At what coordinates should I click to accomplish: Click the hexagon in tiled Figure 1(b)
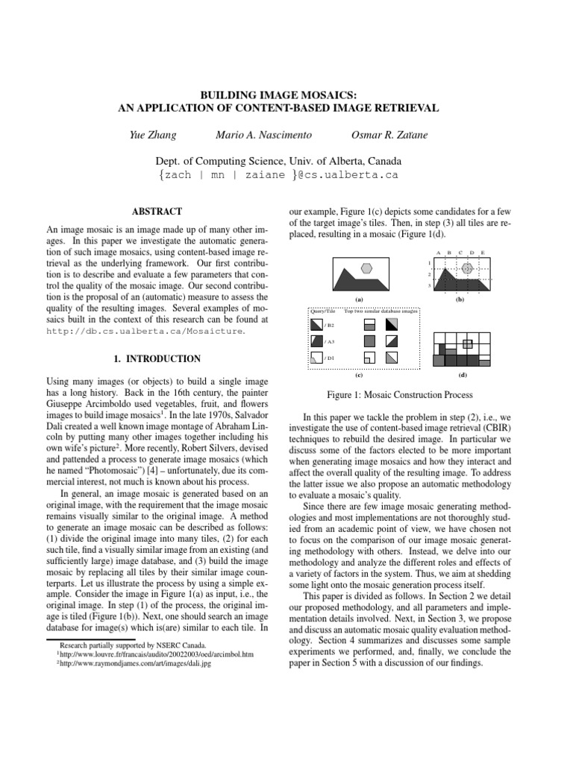tap(467, 267)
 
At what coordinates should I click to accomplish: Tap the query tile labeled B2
tap(316, 325)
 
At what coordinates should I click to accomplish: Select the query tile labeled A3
tap(316, 341)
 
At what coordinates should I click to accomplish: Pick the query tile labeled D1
tap(316, 358)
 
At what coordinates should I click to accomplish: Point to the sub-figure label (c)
tap(359, 376)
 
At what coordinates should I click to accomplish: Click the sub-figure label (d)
tap(463, 376)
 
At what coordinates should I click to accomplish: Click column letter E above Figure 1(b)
tap(483, 253)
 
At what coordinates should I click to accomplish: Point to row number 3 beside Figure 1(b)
tap(429, 286)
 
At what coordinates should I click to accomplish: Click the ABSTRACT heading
tap(162, 212)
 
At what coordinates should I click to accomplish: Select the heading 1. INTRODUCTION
tap(162, 358)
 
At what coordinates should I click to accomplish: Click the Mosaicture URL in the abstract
tap(145, 330)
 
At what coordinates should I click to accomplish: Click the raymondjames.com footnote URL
tap(133, 662)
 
